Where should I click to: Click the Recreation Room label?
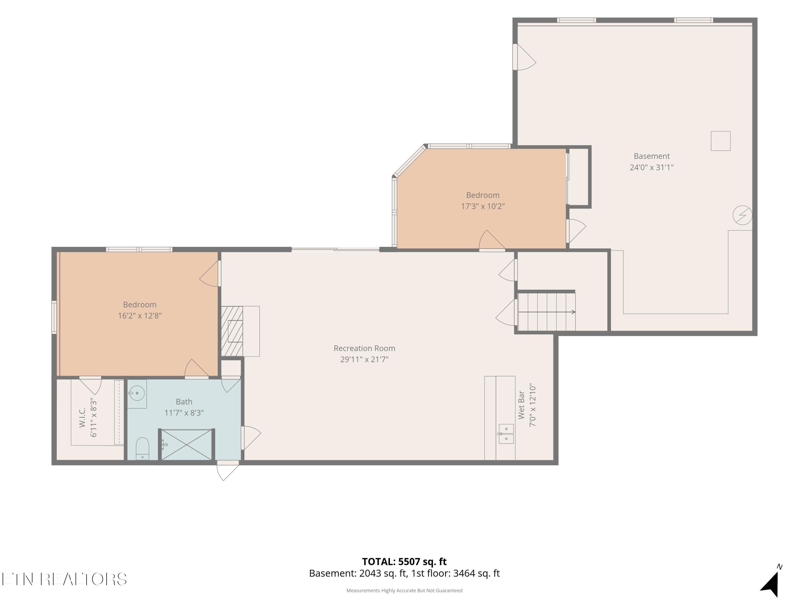[364, 348]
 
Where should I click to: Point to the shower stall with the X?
[187, 445]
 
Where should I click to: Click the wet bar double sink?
[506, 434]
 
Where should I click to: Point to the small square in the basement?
[721, 141]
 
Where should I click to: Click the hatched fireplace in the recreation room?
[232, 331]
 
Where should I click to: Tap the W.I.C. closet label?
[82, 417]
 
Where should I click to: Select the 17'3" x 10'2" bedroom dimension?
[483, 206]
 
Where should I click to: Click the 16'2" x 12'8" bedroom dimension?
[140, 315]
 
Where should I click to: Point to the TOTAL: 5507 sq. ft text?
[404, 562]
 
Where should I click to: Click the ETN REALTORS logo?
[64, 579]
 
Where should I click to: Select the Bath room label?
[184, 401]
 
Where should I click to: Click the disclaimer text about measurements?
[404, 591]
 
